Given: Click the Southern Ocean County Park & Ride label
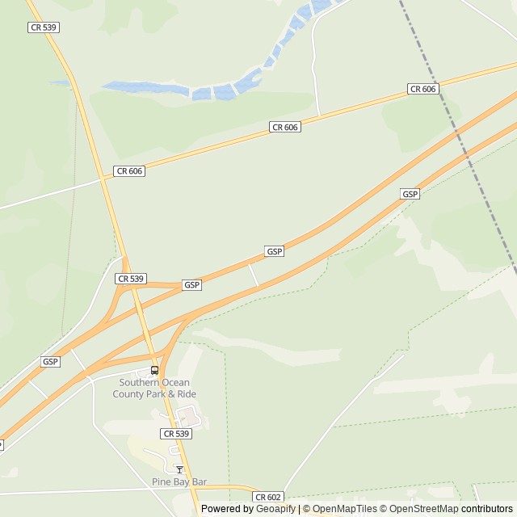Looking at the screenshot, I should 158,388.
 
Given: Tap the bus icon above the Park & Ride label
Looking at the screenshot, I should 154,370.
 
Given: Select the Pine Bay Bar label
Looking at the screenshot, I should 179,481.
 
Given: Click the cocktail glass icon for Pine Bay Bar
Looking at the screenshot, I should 179,469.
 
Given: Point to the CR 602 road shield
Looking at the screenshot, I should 269,497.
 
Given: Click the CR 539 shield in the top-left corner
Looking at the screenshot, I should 44,27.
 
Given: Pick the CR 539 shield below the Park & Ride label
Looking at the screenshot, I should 177,434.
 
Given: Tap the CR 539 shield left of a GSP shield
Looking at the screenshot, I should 130,279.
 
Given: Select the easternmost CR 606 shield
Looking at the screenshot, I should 423,89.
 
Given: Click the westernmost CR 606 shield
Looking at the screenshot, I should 130,170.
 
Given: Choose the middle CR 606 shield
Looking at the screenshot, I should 285,127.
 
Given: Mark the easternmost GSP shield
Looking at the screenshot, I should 410,194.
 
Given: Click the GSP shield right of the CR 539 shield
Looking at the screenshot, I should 191,285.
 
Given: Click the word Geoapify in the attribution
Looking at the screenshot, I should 276,509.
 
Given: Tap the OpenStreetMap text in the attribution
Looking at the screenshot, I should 425,509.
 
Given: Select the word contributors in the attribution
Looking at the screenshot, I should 487,509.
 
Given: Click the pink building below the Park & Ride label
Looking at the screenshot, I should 187,417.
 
